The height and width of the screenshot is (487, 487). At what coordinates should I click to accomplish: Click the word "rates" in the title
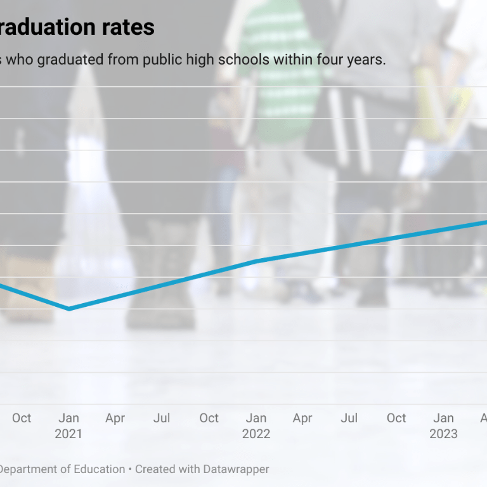coord(126,27)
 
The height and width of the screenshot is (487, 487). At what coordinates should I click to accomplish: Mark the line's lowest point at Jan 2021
coord(68,309)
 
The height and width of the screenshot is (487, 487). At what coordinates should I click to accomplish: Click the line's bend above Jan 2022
coord(256,261)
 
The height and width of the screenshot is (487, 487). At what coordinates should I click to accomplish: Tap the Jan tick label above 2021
coord(68,418)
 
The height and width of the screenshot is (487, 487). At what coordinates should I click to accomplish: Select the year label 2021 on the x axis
coord(68,434)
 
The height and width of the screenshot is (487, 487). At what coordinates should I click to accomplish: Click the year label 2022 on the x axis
coord(256,434)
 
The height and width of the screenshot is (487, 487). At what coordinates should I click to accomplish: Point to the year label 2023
coord(443,434)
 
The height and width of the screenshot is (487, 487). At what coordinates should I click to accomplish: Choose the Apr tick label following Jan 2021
coord(115,418)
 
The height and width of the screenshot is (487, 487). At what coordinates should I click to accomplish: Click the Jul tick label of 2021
coord(162,418)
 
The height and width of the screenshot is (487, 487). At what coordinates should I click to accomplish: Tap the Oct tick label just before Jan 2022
coord(209,418)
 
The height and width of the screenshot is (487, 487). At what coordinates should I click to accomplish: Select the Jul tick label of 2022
coord(349,418)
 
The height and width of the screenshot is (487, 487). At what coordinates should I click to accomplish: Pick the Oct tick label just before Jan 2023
coord(396,418)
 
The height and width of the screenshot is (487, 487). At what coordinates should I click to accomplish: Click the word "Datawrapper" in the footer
coord(236,469)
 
